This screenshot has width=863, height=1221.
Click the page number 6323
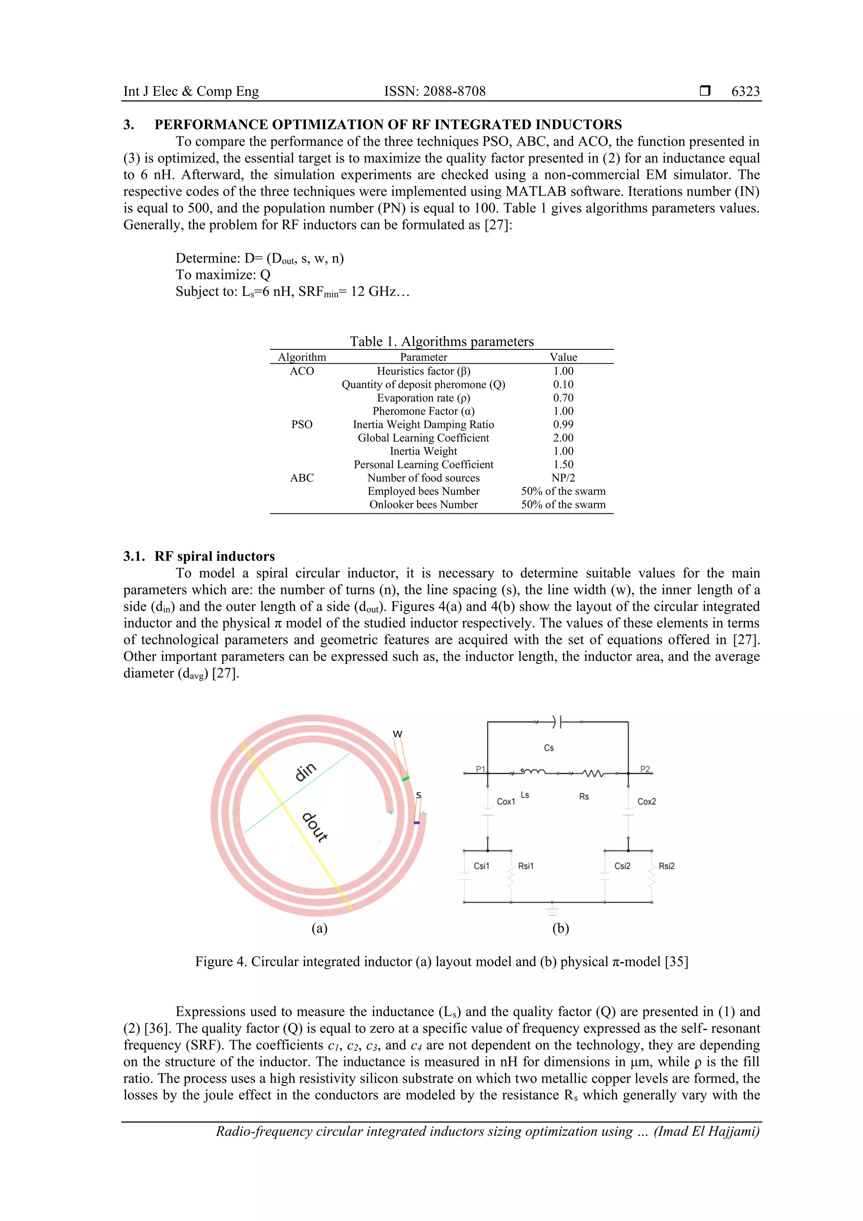745,91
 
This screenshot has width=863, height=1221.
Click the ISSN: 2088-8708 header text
434,91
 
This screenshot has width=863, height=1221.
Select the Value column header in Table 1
563,357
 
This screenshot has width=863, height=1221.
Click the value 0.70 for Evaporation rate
563,398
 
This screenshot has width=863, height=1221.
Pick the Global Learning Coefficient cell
423,437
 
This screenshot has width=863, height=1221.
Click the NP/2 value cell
563,478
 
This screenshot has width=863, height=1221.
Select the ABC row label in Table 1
301,478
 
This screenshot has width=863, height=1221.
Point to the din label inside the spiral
306,772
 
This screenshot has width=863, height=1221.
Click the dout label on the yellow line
315,827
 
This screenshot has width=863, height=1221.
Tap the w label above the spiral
398,734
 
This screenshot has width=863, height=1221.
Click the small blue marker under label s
417,823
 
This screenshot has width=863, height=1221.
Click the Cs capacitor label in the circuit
549,748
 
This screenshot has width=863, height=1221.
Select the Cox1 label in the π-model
506,801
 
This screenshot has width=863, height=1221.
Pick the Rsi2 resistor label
666,866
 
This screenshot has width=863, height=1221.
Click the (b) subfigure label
560,928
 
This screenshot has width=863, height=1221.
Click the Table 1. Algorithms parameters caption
441,341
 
